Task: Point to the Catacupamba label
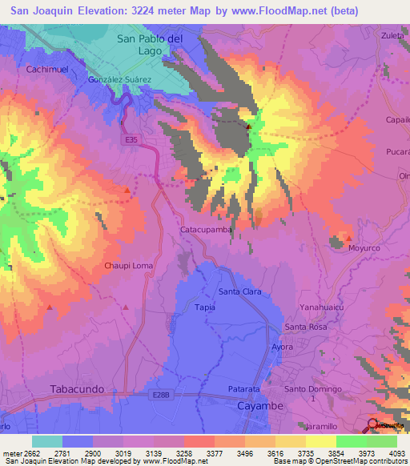click(x=205, y=229)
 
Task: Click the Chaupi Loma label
click(x=127, y=265)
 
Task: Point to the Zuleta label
click(x=392, y=35)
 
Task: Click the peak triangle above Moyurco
click(x=348, y=237)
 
